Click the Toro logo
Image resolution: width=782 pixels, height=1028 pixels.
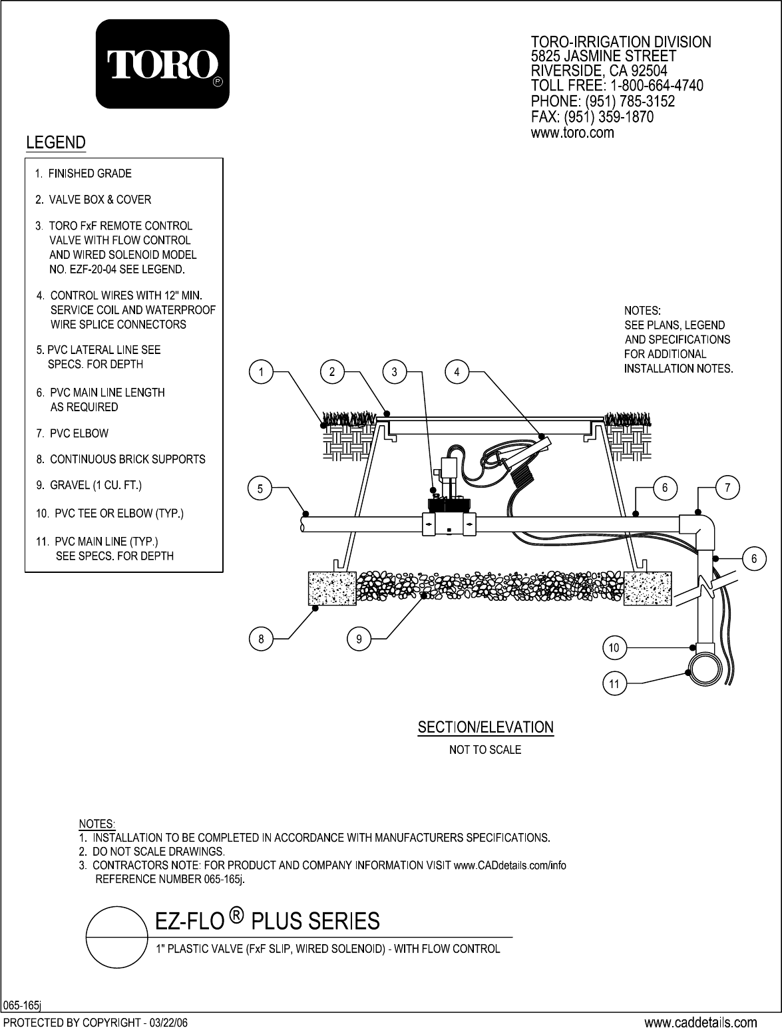[162, 64]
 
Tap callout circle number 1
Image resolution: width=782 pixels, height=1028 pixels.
[261, 372]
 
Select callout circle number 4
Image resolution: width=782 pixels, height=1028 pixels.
[457, 372]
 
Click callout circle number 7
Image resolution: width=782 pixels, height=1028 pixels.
[727, 488]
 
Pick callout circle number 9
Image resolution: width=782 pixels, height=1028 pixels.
[359, 639]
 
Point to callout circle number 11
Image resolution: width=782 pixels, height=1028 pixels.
[614, 684]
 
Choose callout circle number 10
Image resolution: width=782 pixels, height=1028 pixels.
[614, 647]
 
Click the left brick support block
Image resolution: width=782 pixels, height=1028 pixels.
[331, 588]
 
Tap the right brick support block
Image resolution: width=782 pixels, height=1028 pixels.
[648, 588]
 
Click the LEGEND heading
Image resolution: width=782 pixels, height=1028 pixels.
[56, 142]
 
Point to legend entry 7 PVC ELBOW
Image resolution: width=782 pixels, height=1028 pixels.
[72, 433]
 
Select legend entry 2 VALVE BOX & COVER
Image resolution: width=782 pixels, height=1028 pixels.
[93, 200]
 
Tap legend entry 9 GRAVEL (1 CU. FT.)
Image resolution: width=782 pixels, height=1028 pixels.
[89, 485]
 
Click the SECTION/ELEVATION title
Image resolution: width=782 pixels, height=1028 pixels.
[486, 727]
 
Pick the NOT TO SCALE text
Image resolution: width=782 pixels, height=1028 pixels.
[485, 750]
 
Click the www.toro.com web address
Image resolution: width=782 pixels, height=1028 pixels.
[572, 133]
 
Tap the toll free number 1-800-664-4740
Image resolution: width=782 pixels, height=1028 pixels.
[656, 86]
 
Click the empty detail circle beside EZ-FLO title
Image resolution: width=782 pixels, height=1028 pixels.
[116, 937]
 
